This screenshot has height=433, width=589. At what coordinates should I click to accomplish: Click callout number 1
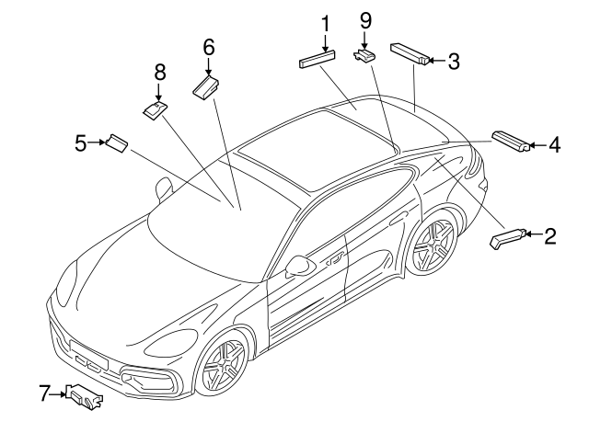pos(324,21)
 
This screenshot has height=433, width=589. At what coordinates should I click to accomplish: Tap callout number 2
pos(549,236)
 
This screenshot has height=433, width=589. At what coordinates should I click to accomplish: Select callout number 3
pos(453,62)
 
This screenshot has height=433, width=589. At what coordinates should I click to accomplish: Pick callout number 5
pos(81,142)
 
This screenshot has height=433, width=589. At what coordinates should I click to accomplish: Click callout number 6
pos(208,46)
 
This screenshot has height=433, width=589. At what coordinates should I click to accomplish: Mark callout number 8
pos(159,71)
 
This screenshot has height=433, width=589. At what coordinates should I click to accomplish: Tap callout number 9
pos(364,18)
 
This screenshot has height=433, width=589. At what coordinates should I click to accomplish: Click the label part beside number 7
pos(84,397)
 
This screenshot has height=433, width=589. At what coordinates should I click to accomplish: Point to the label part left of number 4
pos(512,140)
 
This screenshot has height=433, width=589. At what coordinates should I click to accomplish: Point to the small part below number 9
pos(365,55)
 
